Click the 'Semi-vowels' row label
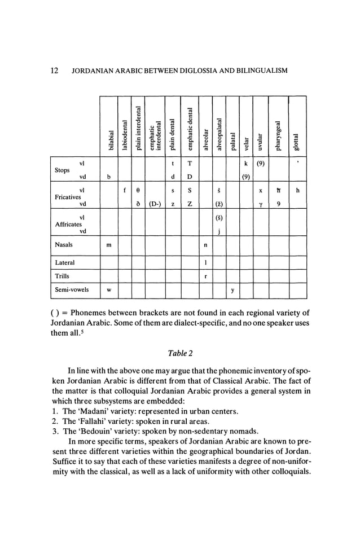coord(72,292)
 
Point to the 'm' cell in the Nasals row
coord(108,245)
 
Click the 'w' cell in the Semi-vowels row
coord(108,292)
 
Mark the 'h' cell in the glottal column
coord(297,190)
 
